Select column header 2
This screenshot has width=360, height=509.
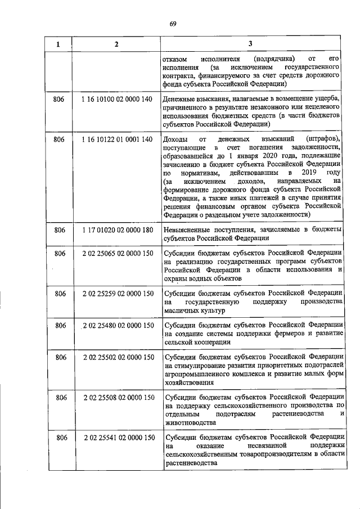pyautogui.click(x=116, y=44)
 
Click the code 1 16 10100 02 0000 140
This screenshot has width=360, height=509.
pyautogui.click(x=116, y=99)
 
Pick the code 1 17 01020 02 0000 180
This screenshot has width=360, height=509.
pyautogui.click(x=116, y=229)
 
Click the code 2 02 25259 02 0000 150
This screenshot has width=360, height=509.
pyautogui.click(x=118, y=293)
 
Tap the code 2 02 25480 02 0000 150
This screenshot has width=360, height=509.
pyautogui.click(x=118, y=325)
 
